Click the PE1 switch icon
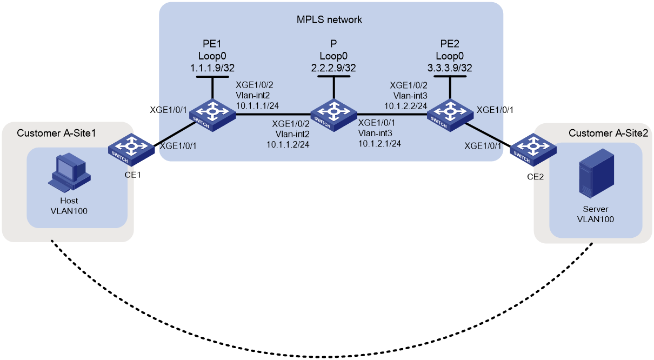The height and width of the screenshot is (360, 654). click(x=212, y=115)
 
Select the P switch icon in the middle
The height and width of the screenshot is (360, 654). click(x=333, y=115)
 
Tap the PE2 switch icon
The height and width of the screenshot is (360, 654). click(x=450, y=115)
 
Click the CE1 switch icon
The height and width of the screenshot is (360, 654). click(x=131, y=150)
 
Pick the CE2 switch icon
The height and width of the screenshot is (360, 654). click(x=533, y=150)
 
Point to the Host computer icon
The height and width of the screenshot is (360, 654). click(x=70, y=174)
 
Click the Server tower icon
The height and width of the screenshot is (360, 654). click(x=597, y=173)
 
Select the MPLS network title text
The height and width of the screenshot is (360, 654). click(x=329, y=19)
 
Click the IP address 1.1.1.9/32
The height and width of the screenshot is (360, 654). click(x=212, y=68)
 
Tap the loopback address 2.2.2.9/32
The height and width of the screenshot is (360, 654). click(x=333, y=68)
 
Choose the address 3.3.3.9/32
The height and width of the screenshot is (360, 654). click(x=450, y=68)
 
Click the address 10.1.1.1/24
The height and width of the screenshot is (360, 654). click(x=257, y=106)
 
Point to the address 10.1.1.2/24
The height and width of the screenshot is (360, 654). click(x=288, y=144)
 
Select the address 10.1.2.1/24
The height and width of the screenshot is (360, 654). click(x=379, y=143)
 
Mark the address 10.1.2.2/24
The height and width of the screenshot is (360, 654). click(x=406, y=106)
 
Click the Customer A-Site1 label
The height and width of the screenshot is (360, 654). click(x=56, y=133)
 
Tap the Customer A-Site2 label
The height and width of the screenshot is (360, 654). click(x=609, y=133)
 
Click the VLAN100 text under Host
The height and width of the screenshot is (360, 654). click(x=69, y=211)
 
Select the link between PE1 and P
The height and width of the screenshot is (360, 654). click(x=273, y=114)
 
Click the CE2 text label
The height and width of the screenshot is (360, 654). click(x=536, y=177)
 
